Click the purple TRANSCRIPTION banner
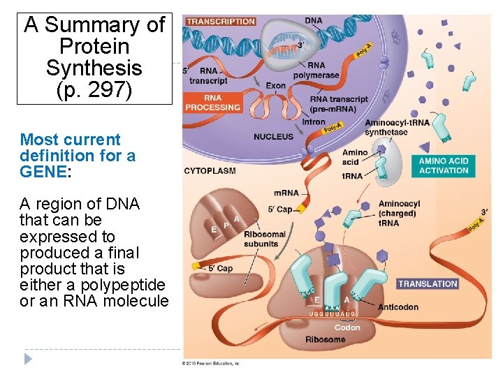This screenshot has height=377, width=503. tap(220, 22)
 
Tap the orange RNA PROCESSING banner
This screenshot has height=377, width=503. tap(212, 103)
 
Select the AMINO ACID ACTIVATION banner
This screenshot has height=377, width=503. tap(443, 165)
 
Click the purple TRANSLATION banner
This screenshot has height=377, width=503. tap(427, 283)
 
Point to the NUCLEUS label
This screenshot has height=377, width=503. tap(274, 136)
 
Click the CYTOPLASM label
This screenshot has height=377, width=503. tap(210, 170)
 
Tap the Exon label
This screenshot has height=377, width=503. tap(276, 86)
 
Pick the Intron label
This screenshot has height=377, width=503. tap(314, 121)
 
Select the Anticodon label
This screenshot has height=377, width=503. tap(398, 307)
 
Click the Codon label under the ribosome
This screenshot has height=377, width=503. tap(347, 327)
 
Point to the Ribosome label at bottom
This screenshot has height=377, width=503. tap(325, 339)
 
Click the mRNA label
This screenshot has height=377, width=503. tap(286, 193)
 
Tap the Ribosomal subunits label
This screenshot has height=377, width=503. tap(265, 239)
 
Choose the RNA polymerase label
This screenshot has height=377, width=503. tap(316, 71)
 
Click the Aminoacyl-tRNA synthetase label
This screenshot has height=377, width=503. tap(397, 127)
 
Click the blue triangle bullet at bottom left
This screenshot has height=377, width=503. tap(28, 359)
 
